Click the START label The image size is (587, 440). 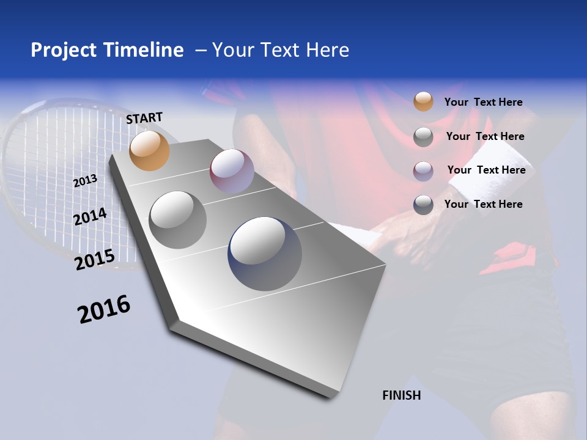(144, 118)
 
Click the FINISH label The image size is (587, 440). (401, 395)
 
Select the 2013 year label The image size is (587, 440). (86, 181)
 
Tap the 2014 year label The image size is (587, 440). (90, 216)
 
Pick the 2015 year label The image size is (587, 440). (95, 260)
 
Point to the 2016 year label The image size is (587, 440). (104, 309)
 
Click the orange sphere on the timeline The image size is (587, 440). (149, 150)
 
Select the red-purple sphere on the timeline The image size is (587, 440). (232, 170)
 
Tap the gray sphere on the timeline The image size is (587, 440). (178, 219)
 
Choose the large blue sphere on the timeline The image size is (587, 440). (265, 254)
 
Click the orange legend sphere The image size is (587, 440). (423, 101)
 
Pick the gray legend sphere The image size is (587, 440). (423, 137)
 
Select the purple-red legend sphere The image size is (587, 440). (423, 171)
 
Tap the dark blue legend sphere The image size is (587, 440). (423, 205)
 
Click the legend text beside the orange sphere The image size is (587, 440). (483, 102)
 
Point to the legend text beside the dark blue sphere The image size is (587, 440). (483, 204)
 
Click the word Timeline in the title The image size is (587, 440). (143, 50)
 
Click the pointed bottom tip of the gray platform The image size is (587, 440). (330, 398)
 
